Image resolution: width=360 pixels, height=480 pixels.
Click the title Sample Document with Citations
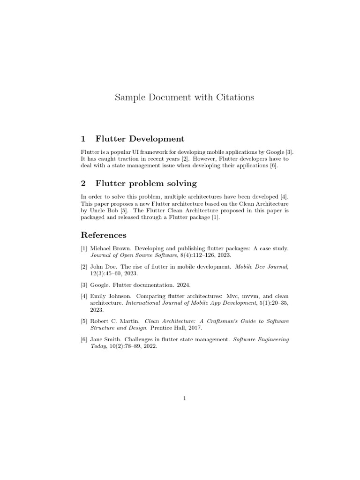(185, 97)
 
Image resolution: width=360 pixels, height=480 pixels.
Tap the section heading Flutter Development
(139, 139)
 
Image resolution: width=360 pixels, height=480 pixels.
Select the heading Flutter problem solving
(146, 183)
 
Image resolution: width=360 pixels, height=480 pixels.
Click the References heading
(104, 234)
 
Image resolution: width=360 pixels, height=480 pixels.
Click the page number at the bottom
(185, 398)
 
